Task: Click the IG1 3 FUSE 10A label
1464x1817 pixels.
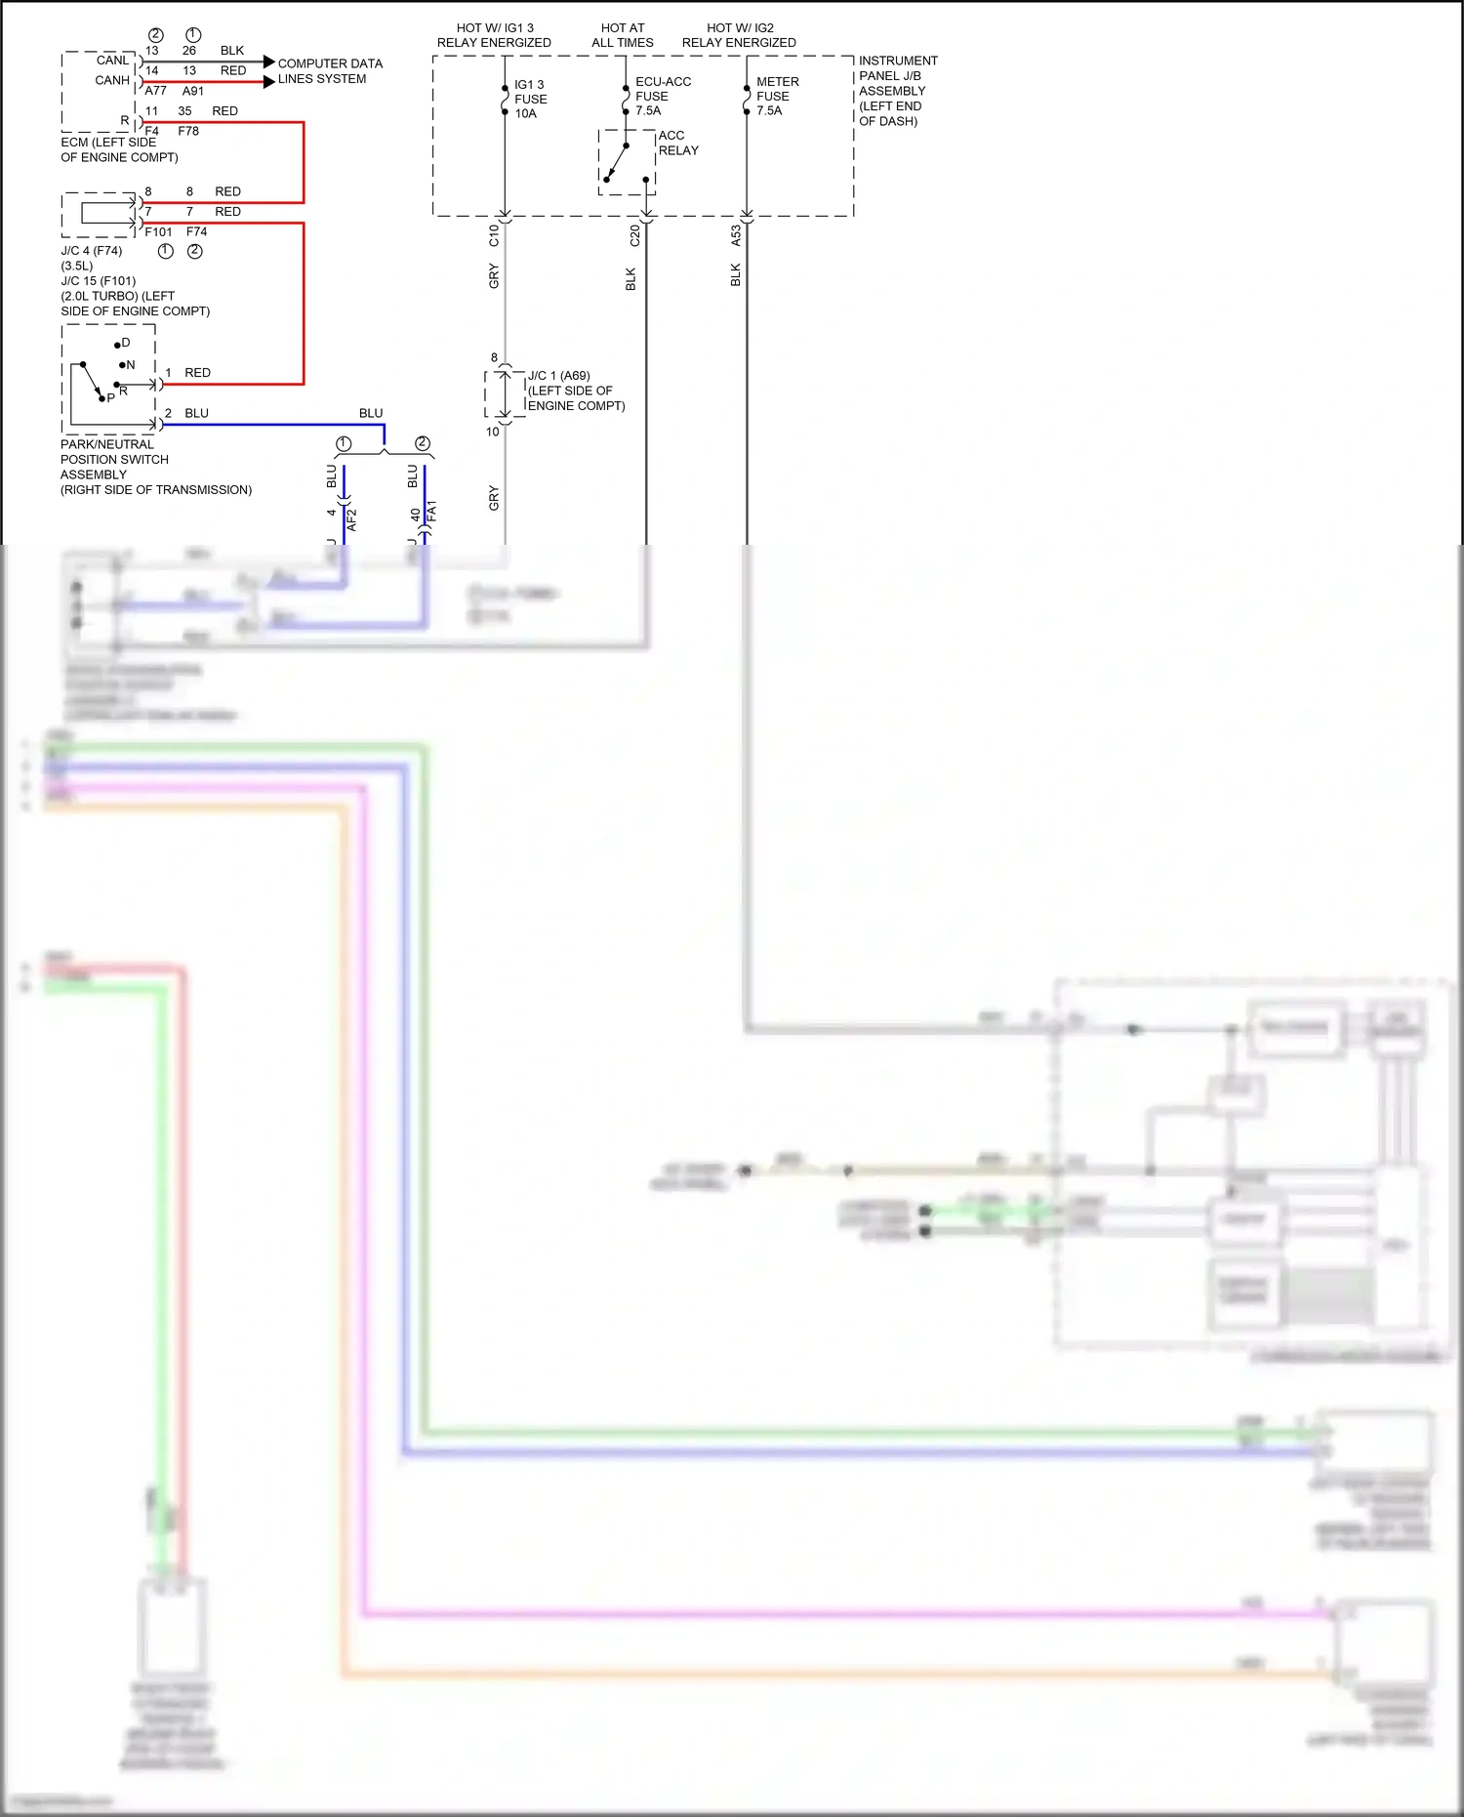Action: point(530,100)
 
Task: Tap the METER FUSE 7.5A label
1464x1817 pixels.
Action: point(776,97)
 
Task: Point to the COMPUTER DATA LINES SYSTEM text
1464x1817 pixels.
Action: point(329,71)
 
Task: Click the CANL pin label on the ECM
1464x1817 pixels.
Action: point(112,61)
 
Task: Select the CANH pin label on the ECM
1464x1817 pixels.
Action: point(112,80)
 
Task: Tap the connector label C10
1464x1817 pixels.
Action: point(494,235)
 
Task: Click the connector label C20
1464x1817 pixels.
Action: point(634,235)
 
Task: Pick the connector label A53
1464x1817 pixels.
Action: point(736,235)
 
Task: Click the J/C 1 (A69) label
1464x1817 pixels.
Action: point(559,376)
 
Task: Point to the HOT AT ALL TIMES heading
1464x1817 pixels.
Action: point(622,35)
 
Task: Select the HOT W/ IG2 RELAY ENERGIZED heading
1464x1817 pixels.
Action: point(739,35)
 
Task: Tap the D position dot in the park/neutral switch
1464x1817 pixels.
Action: point(117,345)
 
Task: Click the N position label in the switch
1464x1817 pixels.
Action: point(131,365)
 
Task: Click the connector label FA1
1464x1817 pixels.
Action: point(431,512)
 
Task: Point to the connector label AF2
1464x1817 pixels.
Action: point(351,519)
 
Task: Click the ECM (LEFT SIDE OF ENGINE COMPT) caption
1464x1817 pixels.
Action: point(119,149)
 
